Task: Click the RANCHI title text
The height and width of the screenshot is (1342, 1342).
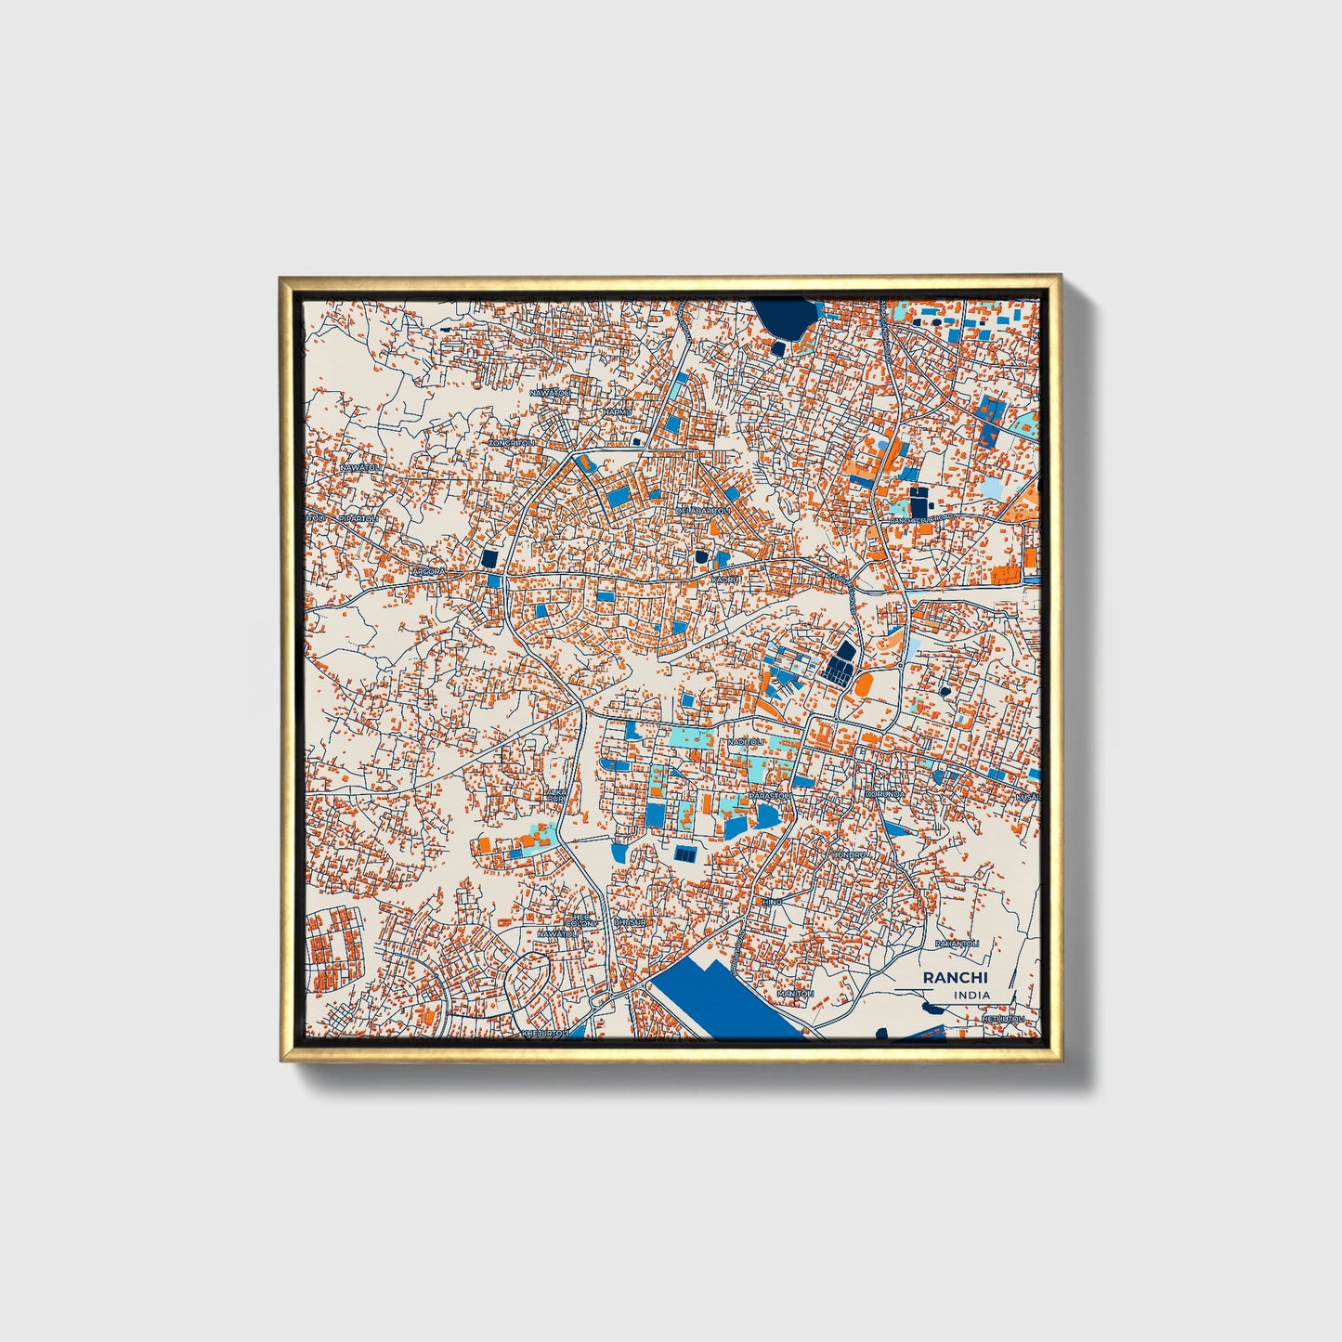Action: (x=956, y=978)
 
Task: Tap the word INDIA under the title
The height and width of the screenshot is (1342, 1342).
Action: (x=971, y=995)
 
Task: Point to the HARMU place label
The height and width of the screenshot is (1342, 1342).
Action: (x=618, y=411)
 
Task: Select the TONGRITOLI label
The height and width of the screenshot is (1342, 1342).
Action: (x=514, y=443)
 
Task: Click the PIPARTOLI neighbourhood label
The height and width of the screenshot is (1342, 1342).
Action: (x=358, y=518)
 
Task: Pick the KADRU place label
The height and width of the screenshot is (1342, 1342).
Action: (x=725, y=580)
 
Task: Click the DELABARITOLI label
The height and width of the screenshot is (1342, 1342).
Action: (x=703, y=511)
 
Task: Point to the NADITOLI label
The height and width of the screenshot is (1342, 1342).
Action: (x=746, y=742)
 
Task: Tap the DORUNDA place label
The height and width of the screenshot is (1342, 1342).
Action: (x=883, y=795)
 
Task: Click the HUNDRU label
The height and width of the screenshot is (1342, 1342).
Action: (x=848, y=853)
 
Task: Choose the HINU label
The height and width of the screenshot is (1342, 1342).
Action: (x=772, y=902)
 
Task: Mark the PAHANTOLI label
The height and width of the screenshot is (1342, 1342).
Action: (x=958, y=944)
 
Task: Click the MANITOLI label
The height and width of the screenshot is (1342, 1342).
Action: (x=795, y=994)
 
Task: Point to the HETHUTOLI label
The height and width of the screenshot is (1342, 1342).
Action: (x=1003, y=1018)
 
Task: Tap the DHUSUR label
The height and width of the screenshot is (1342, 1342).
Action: (x=629, y=922)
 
